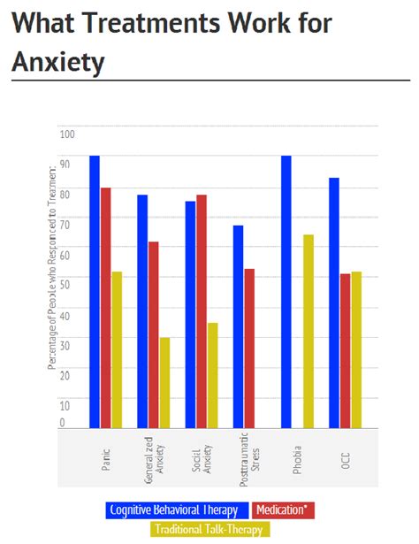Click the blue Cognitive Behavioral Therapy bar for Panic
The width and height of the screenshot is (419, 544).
(95, 292)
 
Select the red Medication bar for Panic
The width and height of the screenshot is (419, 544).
(105, 308)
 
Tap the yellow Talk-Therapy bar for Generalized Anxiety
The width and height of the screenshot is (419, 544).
(164, 382)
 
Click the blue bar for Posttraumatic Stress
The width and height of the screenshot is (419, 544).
(238, 326)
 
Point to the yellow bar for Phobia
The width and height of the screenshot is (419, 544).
(308, 331)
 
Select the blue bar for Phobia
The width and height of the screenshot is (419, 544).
(286, 292)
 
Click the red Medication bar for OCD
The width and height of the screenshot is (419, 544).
(345, 350)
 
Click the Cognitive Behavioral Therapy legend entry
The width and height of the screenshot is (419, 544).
(175, 510)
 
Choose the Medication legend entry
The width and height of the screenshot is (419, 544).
(283, 510)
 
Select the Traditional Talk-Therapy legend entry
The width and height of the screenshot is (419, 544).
(209, 529)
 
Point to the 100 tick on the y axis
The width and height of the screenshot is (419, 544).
(67, 134)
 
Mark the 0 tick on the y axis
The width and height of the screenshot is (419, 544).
(62, 424)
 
